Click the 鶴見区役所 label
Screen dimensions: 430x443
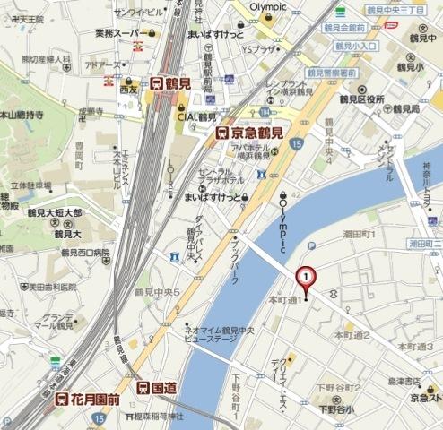[x=363, y=91]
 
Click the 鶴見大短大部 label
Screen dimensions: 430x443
[x=53, y=213]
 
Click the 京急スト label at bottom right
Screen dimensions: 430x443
[x=425, y=395]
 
